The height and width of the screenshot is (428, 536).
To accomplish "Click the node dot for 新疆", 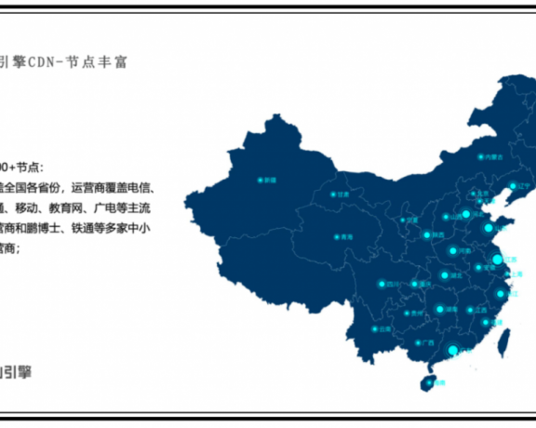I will pyautogui.click(x=261, y=179).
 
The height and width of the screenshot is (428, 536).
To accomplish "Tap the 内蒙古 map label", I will pyautogui.click(x=493, y=157).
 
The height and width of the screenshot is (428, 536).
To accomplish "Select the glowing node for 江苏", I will pyautogui.click(x=497, y=259).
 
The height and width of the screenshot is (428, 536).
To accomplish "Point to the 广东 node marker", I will pyautogui.click(x=453, y=351).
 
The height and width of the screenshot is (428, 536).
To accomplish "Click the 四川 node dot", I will pyautogui.click(x=381, y=283).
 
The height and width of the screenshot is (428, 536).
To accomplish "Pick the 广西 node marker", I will pyautogui.click(x=419, y=342).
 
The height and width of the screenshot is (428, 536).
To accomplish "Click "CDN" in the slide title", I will pyautogui.click(x=43, y=62).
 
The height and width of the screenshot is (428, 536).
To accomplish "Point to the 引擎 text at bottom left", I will pyautogui.click(x=18, y=371).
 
